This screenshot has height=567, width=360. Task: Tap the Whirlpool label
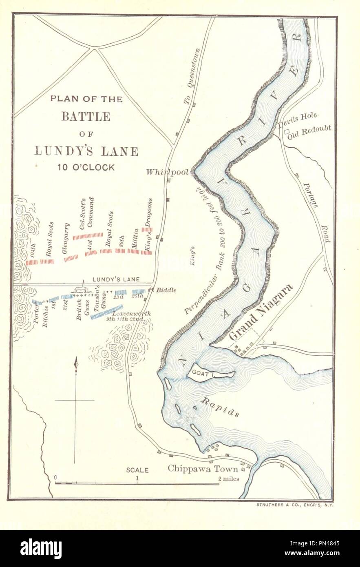pos(168,173)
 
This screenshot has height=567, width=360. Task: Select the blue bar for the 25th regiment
pos(139,291)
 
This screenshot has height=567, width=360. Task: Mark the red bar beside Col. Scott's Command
pos(88,236)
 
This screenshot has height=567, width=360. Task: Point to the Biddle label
pos(167,290)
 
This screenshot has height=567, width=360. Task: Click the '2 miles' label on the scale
pos(228,479)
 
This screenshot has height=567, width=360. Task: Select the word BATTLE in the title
pos(86,117)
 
